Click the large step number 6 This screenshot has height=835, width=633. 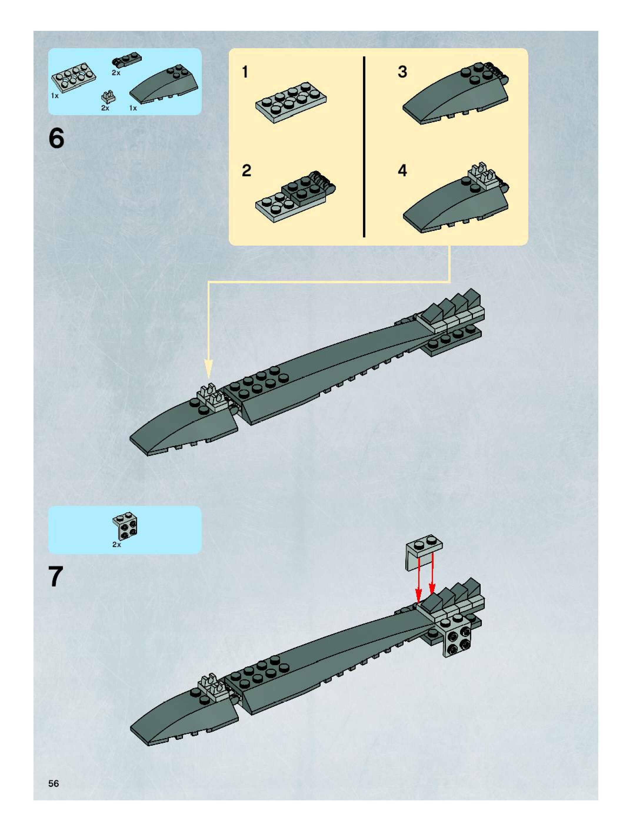click(56, 139)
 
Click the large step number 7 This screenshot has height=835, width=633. click(56, 576)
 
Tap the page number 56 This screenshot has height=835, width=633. click(53, 783)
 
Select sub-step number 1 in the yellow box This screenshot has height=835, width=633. click(245, 72)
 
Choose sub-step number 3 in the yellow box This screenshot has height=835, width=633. click(402, 72)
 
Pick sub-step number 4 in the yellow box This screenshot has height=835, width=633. click(402, 171)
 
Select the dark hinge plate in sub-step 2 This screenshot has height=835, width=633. click(308, 189)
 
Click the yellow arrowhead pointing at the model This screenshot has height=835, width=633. click(208, 368)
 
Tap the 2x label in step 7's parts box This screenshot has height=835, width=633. click(116, 545)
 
